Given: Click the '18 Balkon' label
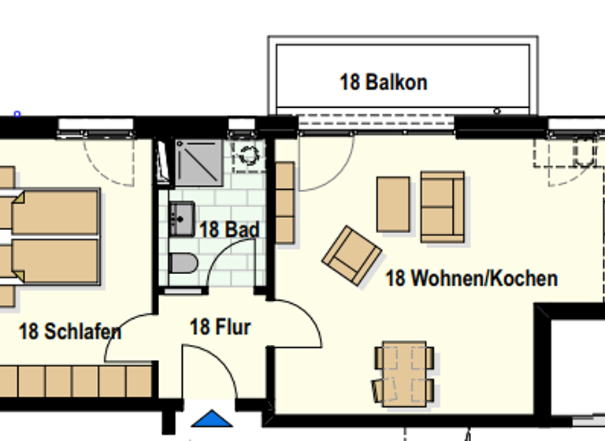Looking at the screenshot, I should (383, 82).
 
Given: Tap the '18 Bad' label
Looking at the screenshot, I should (229, 230).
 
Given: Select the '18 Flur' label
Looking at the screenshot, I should (221, 326).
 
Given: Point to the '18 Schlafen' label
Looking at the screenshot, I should (70, 332).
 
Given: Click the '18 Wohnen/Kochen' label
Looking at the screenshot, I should (471, 278).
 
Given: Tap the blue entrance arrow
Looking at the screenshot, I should (212, 419).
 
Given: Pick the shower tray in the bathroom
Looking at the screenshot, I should (199, 162).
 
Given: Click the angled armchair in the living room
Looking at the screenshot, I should (351, 254).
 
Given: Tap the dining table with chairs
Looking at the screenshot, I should (403, 373).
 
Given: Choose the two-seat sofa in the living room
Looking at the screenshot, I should (442, 206).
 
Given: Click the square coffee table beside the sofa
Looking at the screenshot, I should (393, 204).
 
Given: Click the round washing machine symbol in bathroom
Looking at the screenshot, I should (248, 154).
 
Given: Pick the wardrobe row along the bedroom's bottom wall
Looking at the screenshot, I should (75, 381).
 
